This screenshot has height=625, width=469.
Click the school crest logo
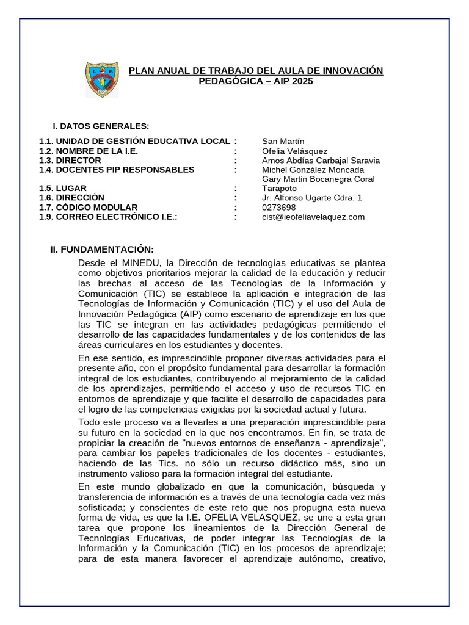click(102, 79)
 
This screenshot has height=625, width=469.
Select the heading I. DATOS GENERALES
click(101, 126)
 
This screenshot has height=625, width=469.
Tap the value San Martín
click(283, 142)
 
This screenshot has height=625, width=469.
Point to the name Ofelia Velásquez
click(294, 151)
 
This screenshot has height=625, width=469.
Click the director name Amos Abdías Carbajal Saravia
click(321, 161)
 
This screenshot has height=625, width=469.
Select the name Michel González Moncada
click(313, 170)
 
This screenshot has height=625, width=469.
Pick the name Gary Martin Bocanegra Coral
click(318, 179)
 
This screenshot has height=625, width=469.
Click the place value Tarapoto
click(279, 189)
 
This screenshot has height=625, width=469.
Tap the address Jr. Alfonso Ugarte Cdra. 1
click(311, 198)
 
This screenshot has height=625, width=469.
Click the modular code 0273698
click(278, 208)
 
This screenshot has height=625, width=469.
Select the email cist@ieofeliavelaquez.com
click(313, 217)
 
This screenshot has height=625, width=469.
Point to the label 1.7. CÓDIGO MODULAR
click(89, 208)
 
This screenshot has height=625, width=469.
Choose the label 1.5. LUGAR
click(63, 189)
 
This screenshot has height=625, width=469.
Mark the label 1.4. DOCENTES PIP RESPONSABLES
click(117, 170)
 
